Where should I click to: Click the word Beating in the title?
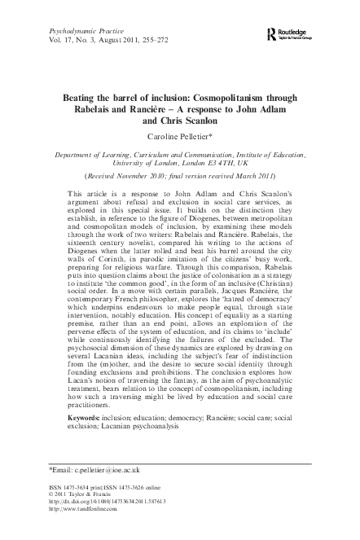coord(84,94)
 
